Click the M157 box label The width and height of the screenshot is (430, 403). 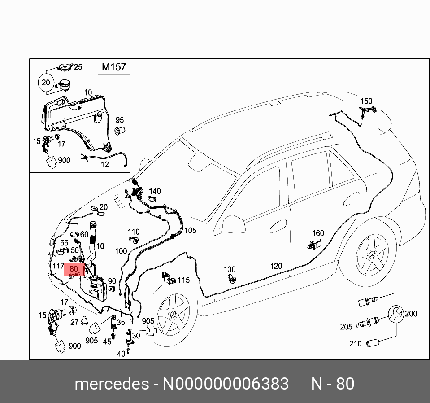coord(114,67)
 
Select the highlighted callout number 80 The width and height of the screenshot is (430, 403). coord(74,268)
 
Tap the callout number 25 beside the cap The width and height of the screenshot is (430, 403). coord(78,67)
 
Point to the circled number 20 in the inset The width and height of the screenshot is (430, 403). coord(46,83)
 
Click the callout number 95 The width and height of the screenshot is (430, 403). coord(119,120)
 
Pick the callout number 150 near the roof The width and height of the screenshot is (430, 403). coord(366,101)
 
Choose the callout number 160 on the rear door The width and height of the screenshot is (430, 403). coord(318,233)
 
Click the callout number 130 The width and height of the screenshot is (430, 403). coord(230,269)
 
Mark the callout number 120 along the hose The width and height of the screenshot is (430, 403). coord(276,266)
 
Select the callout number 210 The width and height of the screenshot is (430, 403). coord(355,344)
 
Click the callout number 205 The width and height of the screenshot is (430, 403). coord(346,327)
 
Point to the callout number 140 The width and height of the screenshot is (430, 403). coord(155,191)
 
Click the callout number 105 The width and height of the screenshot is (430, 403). coord(191,231)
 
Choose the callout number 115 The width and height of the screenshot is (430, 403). coord(184,280)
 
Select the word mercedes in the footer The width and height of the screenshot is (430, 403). coord(112,384)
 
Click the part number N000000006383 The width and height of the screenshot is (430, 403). coord(226,384)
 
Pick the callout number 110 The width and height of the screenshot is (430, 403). coord(134,232)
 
